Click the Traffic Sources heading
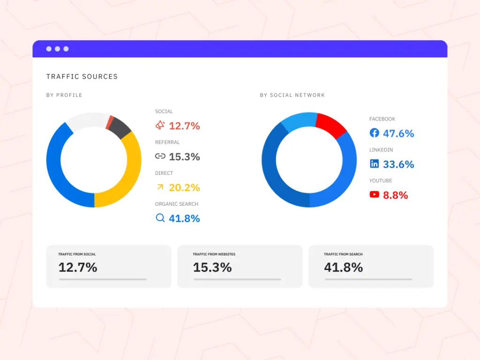coord(82,76)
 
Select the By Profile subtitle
coord(64,95)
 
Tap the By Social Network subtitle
coord(292,95)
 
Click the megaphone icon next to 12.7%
coord(160,125)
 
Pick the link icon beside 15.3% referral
coord(160,157)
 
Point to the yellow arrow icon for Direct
coord(160,187)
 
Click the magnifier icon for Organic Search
coord(160,218)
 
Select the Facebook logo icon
coord(374,133)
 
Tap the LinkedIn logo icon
coord(374,164)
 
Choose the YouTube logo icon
coord(374,195)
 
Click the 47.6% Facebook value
coord(398,134)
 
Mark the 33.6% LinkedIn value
coord(398,165)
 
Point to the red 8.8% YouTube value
coord(395,195)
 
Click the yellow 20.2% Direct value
coord(184,188)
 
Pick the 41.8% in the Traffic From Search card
coord(343,268)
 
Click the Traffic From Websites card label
coord(214,255)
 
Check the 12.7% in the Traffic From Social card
coord(78,268)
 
